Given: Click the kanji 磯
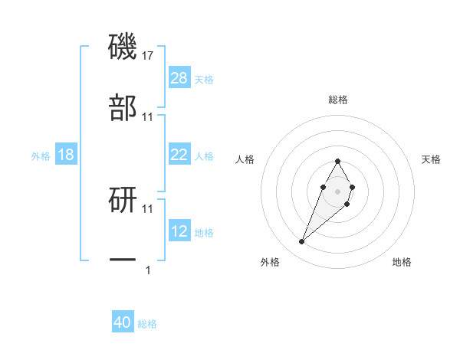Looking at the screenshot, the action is click(x=123, y=48).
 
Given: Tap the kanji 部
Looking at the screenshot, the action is click(x=123, y=108).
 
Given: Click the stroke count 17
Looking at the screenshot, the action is click(x=148, y=56).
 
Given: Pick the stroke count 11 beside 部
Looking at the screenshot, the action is click(x=148, y=116).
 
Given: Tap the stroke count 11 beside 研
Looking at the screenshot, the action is click(x=148, y=208).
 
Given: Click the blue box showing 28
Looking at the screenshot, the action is click(x=179, y=78).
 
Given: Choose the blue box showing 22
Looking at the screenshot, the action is click(x=179, y=155).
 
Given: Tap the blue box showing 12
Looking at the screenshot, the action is click(x=179, y=231).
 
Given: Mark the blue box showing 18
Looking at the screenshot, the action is click(x=66, y=155).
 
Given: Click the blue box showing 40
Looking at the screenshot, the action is click(x=123, y=322).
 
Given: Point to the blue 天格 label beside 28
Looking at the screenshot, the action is click(x=204, y=80).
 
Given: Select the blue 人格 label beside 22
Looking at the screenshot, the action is click(x=204, y=156).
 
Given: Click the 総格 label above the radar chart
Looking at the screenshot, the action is click(x=338, y=100).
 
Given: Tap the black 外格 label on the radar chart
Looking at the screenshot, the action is click(x=270, y=262).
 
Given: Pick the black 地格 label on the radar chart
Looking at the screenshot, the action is click(x=402, y=262).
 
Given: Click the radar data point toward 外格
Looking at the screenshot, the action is click(x=302, y=242).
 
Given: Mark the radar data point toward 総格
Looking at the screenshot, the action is click(x=337, y=161).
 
